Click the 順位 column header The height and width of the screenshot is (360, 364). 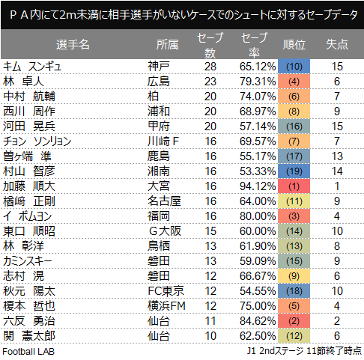(x=294, y=45)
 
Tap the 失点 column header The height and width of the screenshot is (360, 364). (x=337, y=45)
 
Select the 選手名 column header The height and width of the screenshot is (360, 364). (x=73, y=45)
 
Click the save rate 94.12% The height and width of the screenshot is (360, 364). (x=258, y=186)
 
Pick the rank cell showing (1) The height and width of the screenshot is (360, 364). (x=294, y=186)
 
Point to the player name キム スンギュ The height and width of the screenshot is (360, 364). (x=32, y=67)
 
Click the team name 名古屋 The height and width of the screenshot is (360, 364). (x=164, y=201)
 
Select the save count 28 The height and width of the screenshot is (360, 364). (x=210, y=67)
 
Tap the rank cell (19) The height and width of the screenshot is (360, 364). (x=294, y=171)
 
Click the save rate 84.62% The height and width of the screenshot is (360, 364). (x=258, y=321)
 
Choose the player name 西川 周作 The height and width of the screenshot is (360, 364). (x=29, y=112)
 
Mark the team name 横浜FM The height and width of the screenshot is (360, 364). (x=166, y=306)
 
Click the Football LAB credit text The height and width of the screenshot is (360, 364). (x=28, y=352)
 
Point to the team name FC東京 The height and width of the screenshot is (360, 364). (x=166, y=291)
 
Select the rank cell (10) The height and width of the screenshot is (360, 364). (x=294, y=67)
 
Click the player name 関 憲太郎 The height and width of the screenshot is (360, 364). (x=29, y=336)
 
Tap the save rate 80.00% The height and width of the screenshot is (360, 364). (x=258, y=216)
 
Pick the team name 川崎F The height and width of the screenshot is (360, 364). (x=163, y=141)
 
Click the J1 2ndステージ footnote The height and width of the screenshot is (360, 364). (x=304, y=351)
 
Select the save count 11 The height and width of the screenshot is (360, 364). (x=210, y=321)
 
